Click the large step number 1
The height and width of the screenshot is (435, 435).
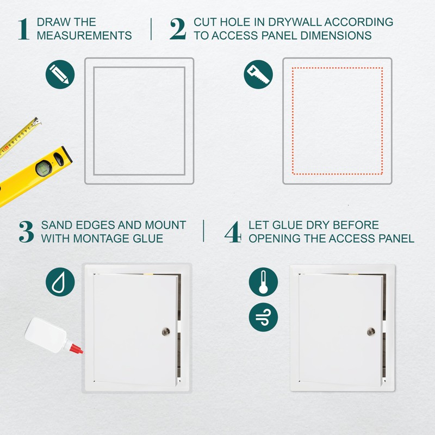(23, 29)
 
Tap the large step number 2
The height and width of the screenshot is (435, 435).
(178, 29)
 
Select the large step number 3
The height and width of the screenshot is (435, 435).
(27, 232)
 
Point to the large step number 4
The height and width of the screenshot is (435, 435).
(233, 232)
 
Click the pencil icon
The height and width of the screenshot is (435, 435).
(60, 74)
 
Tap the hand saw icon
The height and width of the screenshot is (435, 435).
(258, 74)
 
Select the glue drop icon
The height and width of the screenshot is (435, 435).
(60, 282)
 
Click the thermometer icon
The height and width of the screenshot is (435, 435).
(263, 282)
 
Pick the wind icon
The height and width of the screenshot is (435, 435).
(263, 317)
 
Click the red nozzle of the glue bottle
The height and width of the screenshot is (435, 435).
(76, 349)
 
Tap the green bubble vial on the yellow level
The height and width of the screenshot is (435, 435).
(43, 169)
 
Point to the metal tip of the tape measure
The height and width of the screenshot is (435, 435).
(36, 121)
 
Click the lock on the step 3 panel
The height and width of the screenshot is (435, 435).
(166, 331)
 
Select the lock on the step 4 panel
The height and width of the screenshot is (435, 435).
(371, 331)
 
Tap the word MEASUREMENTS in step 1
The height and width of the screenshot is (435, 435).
(84, 35)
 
